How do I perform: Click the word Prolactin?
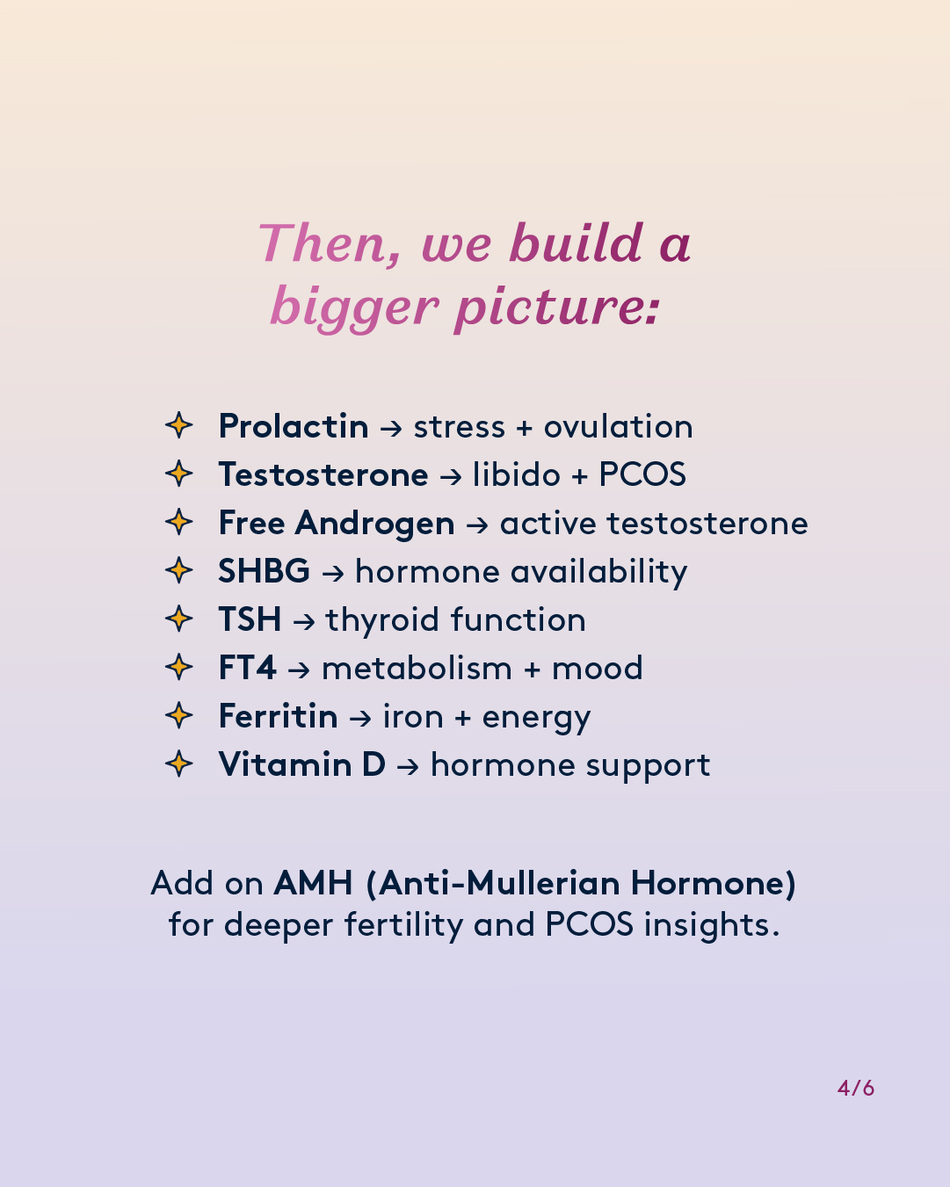click(294, 426)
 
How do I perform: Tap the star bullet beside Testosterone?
click(179, 474)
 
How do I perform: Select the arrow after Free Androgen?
click(477, 524)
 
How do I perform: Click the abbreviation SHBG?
click(264, 571)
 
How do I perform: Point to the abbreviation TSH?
click(250, 619)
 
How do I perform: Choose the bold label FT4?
click(247, 668)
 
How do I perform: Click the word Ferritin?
click(278, 716)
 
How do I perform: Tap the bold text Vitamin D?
click(301, 764)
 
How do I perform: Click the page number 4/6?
click(856, 1089)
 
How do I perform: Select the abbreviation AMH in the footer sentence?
click(313, 883)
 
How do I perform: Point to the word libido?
click(517, 474)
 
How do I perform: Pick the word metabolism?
click(417, 668)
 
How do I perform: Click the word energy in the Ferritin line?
click(536, 718)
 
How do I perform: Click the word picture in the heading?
click(557, 308)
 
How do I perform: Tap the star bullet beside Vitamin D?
click(179, 764)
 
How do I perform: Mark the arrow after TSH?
click(304, 621)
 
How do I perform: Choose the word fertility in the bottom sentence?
click(404, 925)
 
